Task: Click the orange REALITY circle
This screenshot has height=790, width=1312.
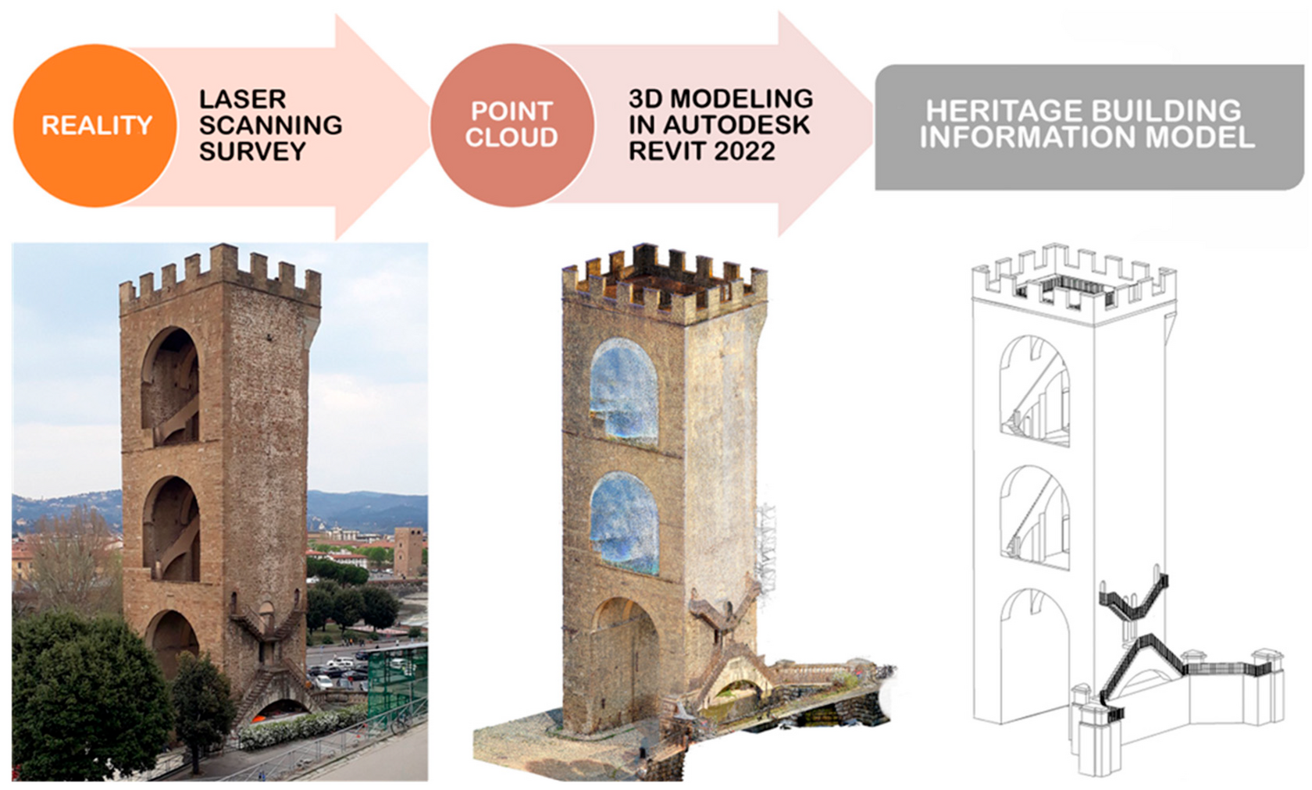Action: tap(95, 126)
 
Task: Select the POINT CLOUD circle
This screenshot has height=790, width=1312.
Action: tap(512, 126)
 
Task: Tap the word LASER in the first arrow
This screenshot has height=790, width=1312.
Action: tap(242, 99)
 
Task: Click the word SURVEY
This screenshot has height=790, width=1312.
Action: tap(252, 151)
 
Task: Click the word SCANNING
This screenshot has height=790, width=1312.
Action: tap(270, 126)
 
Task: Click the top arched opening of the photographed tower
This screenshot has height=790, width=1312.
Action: tap(170, 387)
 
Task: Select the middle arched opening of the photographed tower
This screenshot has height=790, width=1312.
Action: tap(171, 529)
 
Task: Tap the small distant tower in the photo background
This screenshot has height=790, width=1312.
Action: tap(408, 552)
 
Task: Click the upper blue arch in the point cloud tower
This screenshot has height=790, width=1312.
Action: tap(624, 393)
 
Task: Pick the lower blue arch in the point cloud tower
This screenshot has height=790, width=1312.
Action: tap(625, 522)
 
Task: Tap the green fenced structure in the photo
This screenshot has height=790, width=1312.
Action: tap(397, 683)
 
